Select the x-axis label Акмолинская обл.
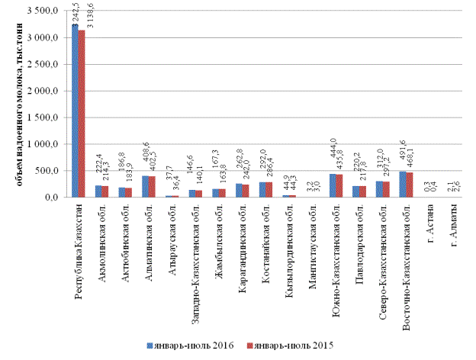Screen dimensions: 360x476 (x=101, y=239)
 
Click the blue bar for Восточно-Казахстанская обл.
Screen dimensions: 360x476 (x=401, y=184)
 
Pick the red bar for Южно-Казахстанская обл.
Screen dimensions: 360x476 (x=339, y=185)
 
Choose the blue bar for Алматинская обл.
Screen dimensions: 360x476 (x=145, y=186)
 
